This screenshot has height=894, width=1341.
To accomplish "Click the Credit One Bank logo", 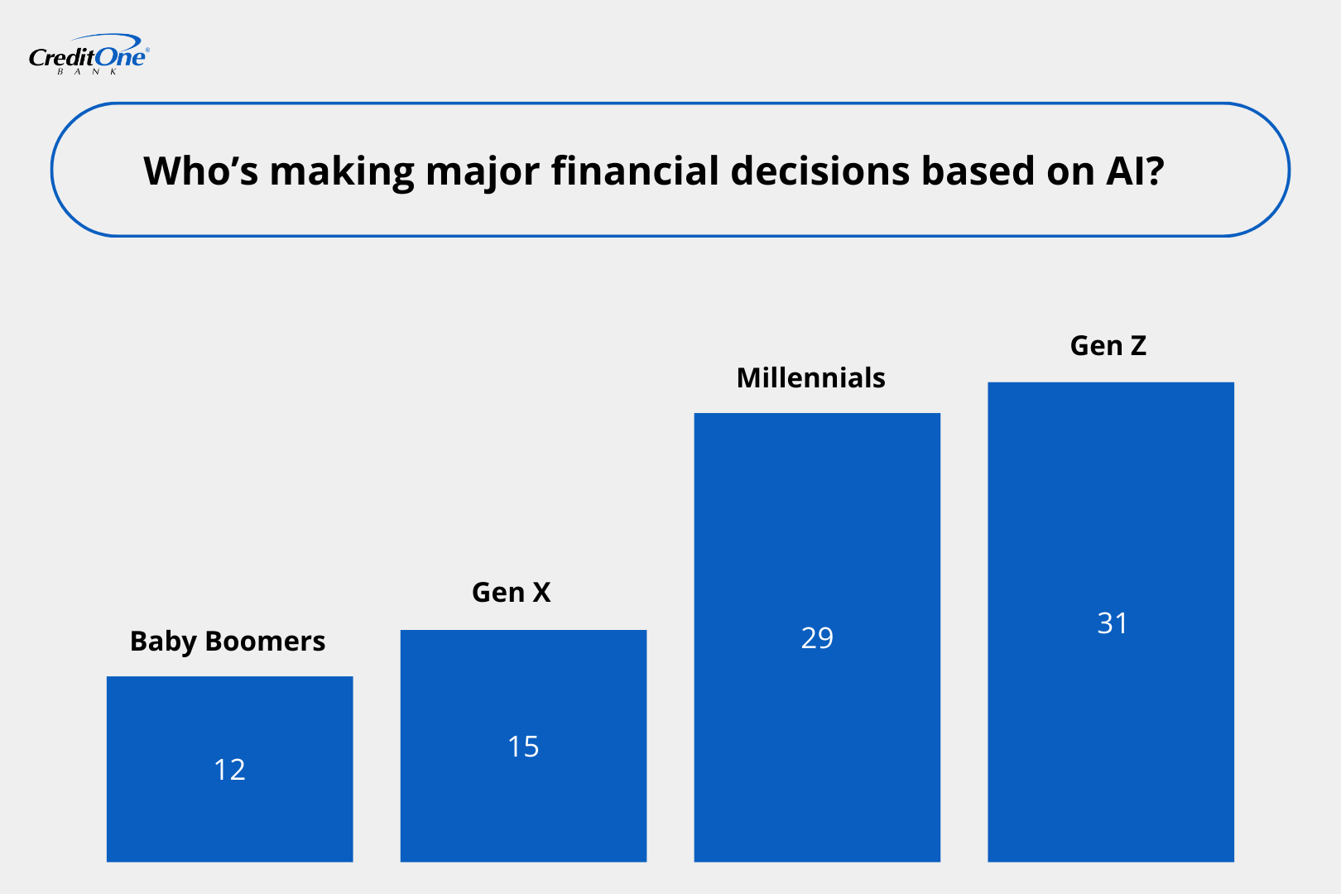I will pos(88,55).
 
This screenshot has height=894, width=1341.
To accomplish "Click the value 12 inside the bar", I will pos(229,770).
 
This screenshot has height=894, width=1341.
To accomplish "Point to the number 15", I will pos(523,747).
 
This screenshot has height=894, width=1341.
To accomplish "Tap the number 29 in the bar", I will pos(817,637).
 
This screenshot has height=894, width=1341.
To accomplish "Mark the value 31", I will pos(1112,623).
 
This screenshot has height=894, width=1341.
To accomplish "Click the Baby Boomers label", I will pos(228,642).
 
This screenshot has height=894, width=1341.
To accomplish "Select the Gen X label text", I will pos(511,593).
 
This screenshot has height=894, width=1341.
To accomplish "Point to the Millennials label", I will pos(810,378).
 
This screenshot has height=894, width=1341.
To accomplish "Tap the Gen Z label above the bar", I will pos(1108,346).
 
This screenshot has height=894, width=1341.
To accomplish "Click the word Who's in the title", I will pos(200,171).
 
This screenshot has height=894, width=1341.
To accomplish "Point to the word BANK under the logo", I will pos(88,72).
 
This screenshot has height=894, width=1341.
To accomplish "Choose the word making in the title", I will pos(342,171).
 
